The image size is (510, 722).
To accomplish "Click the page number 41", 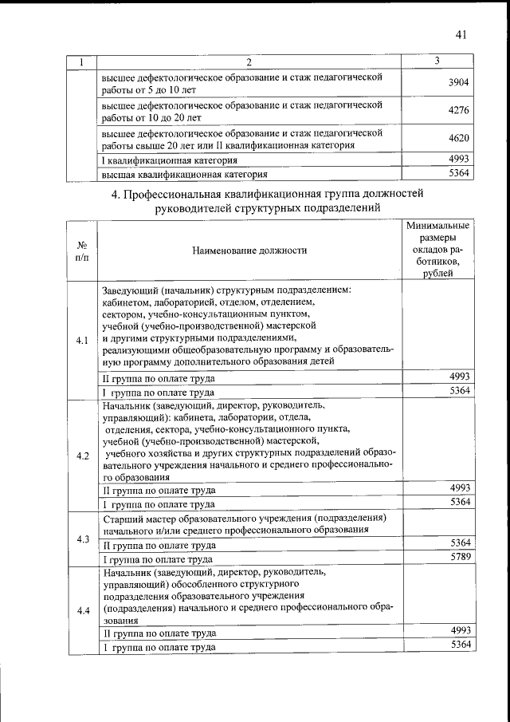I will pyautogui.click(x=461, y=34).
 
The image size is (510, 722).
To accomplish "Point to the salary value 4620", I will pyautogui.click(x=459, y=139).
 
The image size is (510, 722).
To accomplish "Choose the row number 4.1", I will pyautogui.click(x=82, y=341).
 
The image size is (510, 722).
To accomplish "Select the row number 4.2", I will pyautogui.click(x=82, y=456).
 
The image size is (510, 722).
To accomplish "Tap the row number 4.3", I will pyautogui.click(x=82, y=539).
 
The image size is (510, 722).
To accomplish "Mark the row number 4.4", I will pyautogui.click(x=82, y=611).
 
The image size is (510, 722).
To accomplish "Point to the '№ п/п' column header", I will pyautogui.click(x=82, y=251).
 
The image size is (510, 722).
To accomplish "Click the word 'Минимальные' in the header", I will pyautogui.click(x=437, y=227).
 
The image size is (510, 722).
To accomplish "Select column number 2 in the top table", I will pyautogui.click(x=249, y=62).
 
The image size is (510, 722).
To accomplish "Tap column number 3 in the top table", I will pyautogui.click(x=437, y=61).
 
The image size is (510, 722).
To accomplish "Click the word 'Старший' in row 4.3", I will pyautogui.click(x=122, y=518).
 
